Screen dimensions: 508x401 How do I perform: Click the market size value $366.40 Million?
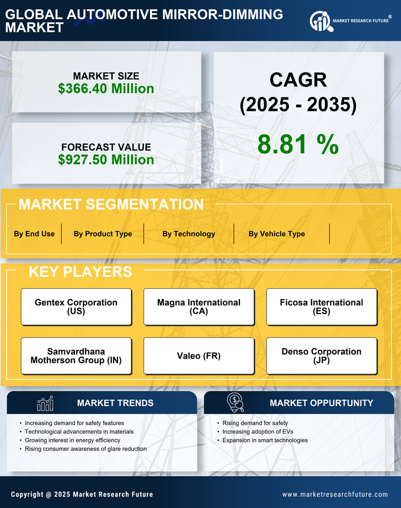(106, 89)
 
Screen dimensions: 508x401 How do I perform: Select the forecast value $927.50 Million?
(106, 160)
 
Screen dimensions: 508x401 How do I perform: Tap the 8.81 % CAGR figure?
(298, 144)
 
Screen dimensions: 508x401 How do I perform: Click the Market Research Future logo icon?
(320, 21)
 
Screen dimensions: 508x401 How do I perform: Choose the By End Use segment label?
(34, 234)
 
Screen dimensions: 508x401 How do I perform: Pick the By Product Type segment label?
(103, 234)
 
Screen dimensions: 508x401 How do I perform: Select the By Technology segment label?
(189, 234)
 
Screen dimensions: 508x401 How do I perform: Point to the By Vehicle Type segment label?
(276, 234)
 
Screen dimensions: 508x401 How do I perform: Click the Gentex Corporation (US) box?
(76, 307)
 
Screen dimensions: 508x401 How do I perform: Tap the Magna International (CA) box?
(199, 307)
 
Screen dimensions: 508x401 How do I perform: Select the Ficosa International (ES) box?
(322, 307)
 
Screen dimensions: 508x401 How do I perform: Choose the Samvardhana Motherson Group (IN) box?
(76, 356)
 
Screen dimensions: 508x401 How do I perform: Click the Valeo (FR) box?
(199, 356)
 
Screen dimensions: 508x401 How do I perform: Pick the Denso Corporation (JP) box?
(322, 356)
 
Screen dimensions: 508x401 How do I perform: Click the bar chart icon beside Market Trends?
(45, 403)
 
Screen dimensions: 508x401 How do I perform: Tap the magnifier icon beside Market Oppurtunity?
(235, 402)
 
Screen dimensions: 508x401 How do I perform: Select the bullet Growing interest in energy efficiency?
(72, 440)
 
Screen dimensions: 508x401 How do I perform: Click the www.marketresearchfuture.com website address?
(335, 494)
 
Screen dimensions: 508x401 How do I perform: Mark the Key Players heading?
(80, 272)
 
